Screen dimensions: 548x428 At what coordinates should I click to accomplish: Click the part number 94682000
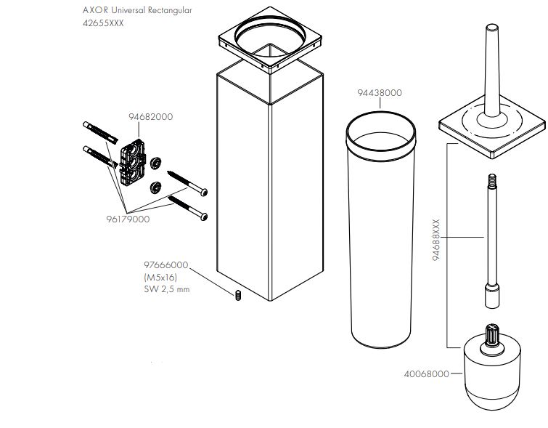(x=151, y=116)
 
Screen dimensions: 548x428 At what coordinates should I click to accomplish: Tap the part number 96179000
(x=128, y=219)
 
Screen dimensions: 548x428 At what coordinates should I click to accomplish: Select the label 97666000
(x=166, y=265)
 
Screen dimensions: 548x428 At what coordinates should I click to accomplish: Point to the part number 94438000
(x=380, y=93)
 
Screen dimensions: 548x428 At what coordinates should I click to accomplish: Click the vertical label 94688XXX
(x=435, y=240)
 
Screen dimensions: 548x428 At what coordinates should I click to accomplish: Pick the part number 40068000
(x=426, y=374)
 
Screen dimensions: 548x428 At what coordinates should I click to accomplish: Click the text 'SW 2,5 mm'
(x=167, y=289)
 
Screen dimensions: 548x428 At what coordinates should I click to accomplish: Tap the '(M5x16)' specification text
(x=160, y=277)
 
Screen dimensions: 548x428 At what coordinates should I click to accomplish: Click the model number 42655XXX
(x=103, y=23)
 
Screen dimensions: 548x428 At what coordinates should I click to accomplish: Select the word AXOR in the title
(x=95, y=10)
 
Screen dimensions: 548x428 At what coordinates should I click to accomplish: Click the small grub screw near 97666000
(x=238, y=295)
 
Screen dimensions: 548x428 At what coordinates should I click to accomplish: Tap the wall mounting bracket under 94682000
(x=132, y=162)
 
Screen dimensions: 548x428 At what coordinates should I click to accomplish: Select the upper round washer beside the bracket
(x=155, y=163)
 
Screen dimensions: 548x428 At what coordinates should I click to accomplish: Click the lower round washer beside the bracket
(x=155, y=187)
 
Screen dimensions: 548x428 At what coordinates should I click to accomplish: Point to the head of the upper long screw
(x=204, y=192)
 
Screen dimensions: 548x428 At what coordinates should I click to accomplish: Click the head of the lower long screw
(x=204, y=217)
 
